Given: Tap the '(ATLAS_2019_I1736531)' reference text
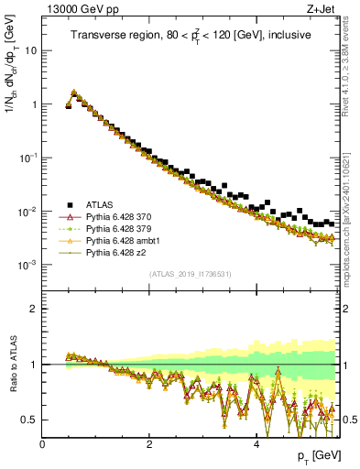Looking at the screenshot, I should [190, 274].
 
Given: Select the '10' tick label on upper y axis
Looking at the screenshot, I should [30, 50].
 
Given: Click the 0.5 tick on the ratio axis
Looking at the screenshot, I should [29, 420].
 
